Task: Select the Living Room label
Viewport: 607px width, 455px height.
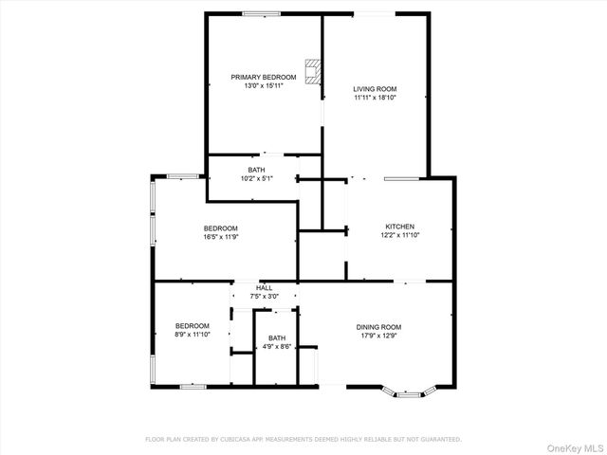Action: click(x=374, y=88)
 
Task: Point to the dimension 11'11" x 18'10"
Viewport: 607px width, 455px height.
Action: click(x=374, y=97)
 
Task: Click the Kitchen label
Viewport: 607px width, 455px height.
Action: click(x=399, y=226)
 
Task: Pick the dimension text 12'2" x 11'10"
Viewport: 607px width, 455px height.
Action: click(x=399, y=235)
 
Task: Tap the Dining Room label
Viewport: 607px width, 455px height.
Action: click(x=378, y=326)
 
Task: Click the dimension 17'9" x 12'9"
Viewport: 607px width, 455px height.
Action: click(x=378, y=335)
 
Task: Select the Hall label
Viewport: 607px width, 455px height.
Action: click(x=264, y=287)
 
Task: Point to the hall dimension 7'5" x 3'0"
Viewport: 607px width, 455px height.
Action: click(x=264, y=296)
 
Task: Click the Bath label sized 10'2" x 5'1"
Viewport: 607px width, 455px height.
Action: click(x=256, y=170)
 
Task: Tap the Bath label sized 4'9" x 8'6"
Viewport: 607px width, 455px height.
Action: click(x=277, y=337)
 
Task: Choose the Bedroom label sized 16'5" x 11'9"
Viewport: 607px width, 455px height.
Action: click(x=220, y=227)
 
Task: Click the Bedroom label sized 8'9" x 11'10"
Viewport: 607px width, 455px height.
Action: click(x=192, y=325)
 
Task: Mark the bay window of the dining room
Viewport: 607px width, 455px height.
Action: click(x=408, y=391)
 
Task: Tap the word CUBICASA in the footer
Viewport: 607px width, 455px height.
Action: click(x=232, y=439)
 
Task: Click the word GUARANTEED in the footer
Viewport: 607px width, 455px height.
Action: click(x=440, y=439)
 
